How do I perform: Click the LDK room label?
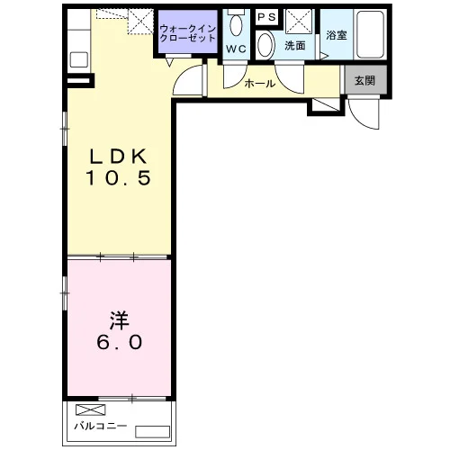coord(119,156)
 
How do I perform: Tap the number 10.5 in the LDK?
coord(119,177)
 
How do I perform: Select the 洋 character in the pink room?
coord(119,320)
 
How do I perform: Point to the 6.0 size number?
coord(119,342)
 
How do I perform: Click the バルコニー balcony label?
coord(101,426)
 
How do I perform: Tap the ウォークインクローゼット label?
coord(188,33)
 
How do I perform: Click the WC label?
coord(236,49)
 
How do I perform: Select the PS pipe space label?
coord(266,17)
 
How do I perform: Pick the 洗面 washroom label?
coord(295,46)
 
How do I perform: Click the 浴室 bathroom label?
coord(337,35)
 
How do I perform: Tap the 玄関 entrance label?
coord(364,80)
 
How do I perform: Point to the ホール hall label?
coord(260,84)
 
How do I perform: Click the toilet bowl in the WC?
coord(237,24)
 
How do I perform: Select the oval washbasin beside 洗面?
coord(265,45)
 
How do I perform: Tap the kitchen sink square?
coord(79,59)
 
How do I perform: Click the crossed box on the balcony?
coord(91,409)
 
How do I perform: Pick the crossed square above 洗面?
coord(299,22)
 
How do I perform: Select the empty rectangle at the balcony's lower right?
coord(153,432)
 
